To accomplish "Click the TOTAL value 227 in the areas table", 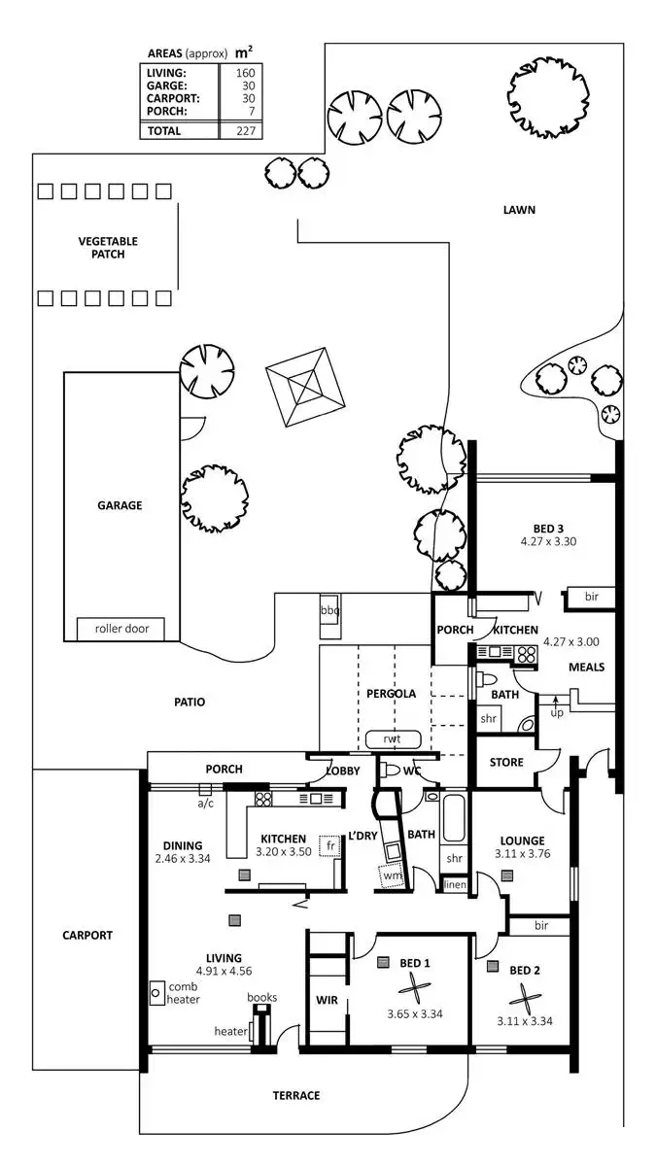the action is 245,130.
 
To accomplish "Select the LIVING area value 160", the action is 245,73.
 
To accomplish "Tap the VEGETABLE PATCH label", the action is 108,248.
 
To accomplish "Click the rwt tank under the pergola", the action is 392,739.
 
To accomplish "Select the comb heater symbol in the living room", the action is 156,994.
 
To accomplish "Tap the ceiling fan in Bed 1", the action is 414,992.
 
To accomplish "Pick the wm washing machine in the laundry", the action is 393,875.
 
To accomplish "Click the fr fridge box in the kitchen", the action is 330,845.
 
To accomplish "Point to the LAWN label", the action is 519,210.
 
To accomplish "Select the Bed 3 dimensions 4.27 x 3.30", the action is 548,542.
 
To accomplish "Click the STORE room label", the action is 505,763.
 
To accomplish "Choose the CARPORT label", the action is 87,936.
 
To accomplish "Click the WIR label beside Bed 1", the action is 327,1000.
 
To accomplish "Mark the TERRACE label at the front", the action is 296,1096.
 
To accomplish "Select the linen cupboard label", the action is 455,885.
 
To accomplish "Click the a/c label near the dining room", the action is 205,804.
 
